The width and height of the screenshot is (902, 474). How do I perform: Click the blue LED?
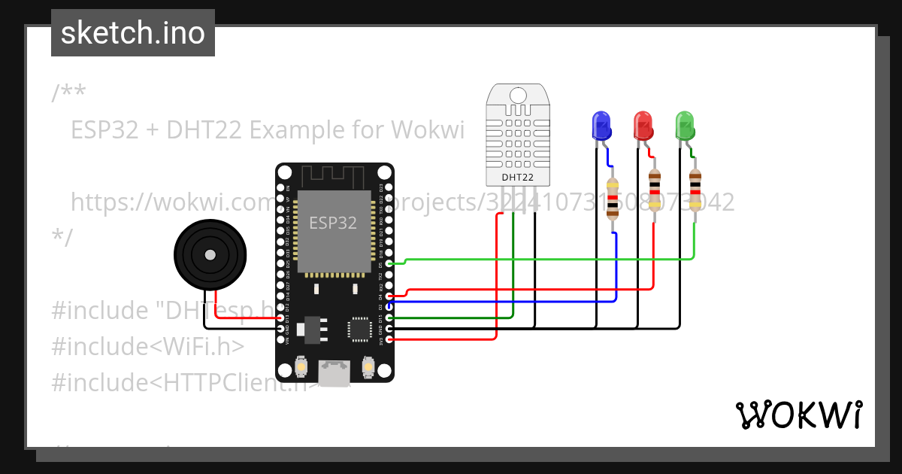pos(601,126)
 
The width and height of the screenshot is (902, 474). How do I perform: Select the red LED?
pos(643,126)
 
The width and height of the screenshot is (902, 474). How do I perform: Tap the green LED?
pos(684,126)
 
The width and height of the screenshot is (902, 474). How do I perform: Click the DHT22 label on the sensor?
pos(518,178)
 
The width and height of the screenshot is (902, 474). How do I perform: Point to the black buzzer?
pos(210,256)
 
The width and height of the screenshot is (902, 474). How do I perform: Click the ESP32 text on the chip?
pos(334,223)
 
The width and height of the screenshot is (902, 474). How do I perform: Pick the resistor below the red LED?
pos(654,190)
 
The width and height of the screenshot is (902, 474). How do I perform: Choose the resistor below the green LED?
pos(695,190)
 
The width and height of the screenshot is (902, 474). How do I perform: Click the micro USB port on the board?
pos(334,371)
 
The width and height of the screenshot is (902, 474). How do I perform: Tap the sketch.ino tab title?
pos(133,33)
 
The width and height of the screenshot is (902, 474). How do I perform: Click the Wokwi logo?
pos(798,415)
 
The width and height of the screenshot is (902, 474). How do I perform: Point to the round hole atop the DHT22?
pos(518,96)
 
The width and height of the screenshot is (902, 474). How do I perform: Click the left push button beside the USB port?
pos(300,366)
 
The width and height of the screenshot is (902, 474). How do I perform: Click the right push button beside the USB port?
pos(368,366)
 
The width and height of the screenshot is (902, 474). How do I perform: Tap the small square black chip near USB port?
pos(359,330)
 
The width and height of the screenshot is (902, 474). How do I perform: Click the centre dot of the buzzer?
pos(210,256)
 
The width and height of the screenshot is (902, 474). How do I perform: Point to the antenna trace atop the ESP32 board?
pos(334,177)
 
